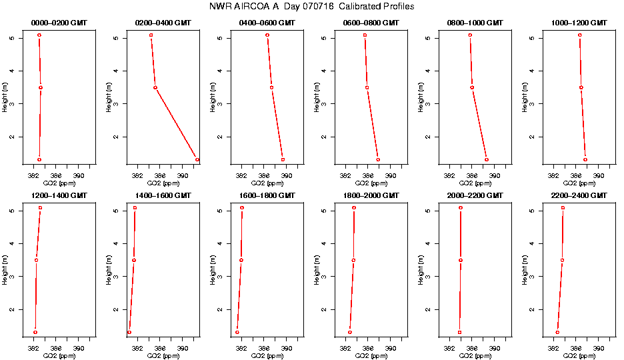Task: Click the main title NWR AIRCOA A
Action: (x=311, y=7)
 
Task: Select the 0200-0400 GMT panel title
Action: (x=163, y=23)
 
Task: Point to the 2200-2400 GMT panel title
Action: (x=579, y=196)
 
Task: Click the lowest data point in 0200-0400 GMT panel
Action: (x=197, y=159)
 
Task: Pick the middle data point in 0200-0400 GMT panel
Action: (x=155, y=87)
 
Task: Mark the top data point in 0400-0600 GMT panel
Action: (x=267, y=35)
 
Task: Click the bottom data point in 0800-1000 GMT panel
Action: (x=487, y=159)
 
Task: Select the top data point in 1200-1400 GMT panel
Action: (x=41, y=208)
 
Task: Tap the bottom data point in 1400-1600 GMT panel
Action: (x=129, y=332)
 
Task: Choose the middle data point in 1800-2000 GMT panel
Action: (x=353, y=260)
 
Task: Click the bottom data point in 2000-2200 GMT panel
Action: (x=459, y=332)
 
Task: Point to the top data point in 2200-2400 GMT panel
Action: (x=563, y=208)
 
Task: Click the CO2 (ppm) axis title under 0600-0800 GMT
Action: (x=371, y=183)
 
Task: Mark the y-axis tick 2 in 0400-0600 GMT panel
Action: (x=221, y=137)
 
